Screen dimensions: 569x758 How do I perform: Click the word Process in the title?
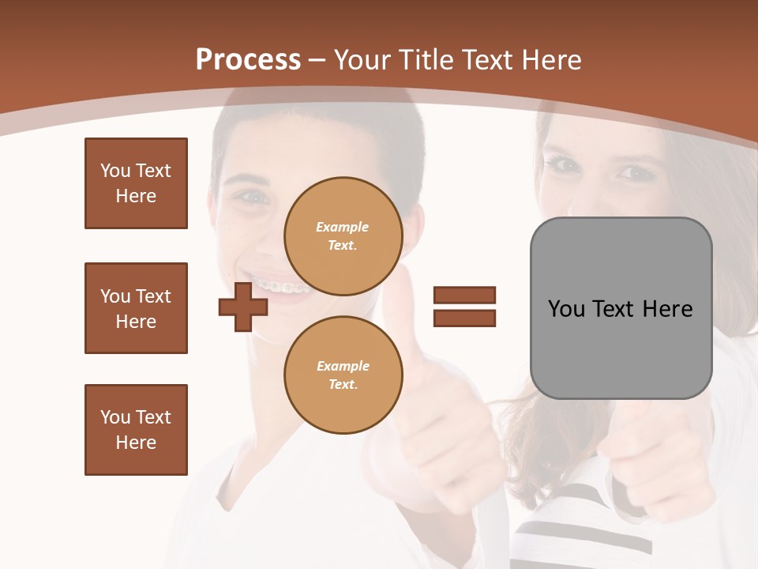(248, 60)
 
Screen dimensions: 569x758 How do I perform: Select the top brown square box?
(136, 183)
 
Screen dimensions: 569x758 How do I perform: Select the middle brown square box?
(136, 308)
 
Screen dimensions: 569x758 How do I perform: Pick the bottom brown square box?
(136, 430)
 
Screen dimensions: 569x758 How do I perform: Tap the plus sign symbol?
(243, 307)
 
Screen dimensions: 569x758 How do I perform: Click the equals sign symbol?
(464, 307)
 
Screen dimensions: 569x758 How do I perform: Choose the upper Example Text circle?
(343, 236)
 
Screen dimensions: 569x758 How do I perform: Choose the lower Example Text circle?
(343, 375)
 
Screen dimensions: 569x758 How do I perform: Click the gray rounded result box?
(621, 308)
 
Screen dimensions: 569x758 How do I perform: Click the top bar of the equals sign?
(464, 295)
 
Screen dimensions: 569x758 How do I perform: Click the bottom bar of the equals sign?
(464, 318)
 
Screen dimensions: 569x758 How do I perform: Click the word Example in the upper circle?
(343, 227)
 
